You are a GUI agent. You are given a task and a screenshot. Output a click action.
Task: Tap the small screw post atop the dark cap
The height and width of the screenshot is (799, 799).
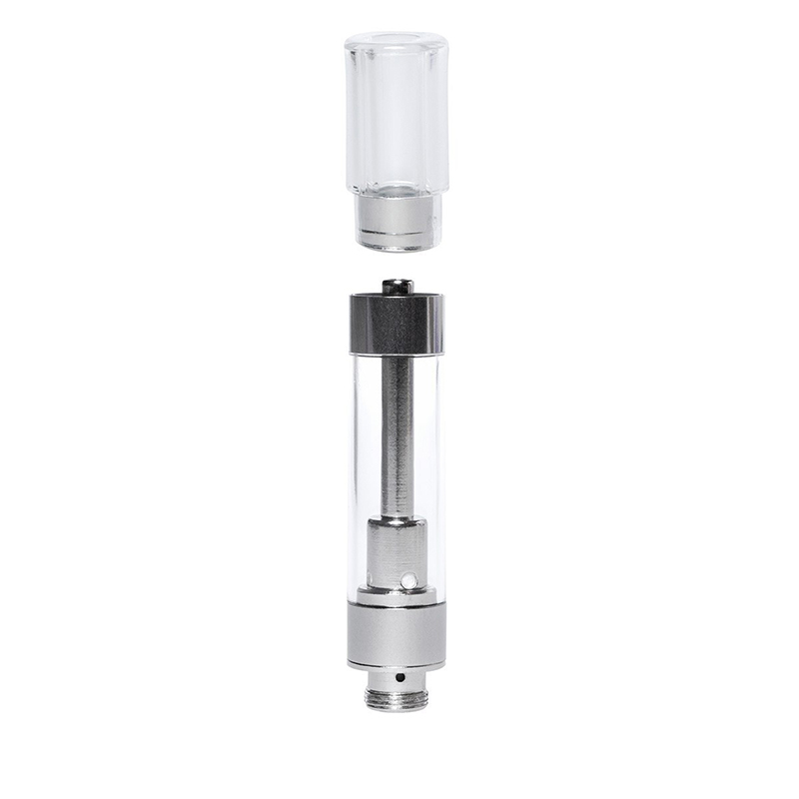pos(397,287)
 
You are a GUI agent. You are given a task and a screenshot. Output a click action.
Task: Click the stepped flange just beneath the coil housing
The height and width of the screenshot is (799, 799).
pos(396,597)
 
